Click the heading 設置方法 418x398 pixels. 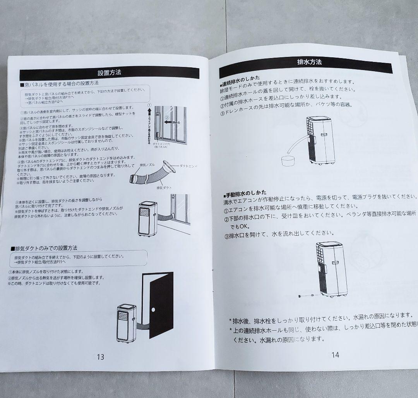tap(110, 73)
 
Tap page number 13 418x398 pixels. tap(100, 357)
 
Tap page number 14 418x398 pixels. tap(335, 354)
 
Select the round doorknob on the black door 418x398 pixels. tap(153, 310)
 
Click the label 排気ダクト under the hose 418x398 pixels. tap(164, 187)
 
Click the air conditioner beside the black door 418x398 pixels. tap(127, 324)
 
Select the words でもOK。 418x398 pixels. tap(240, 226)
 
